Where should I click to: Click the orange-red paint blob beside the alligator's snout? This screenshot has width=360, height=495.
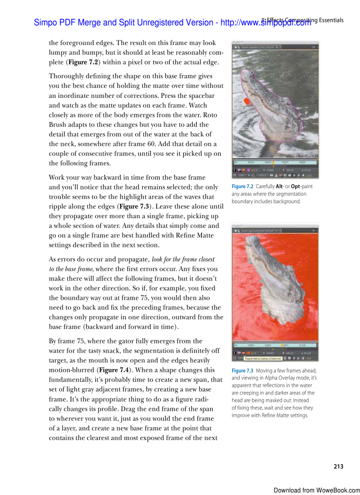coord(247,101)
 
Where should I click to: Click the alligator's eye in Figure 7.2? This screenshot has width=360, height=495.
coord(288,104)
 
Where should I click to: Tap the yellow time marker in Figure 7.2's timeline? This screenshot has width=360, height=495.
coord(273,162)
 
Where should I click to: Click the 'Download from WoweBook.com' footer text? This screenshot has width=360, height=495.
coord(316,490)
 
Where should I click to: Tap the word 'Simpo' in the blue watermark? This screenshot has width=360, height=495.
coord(45,22)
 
